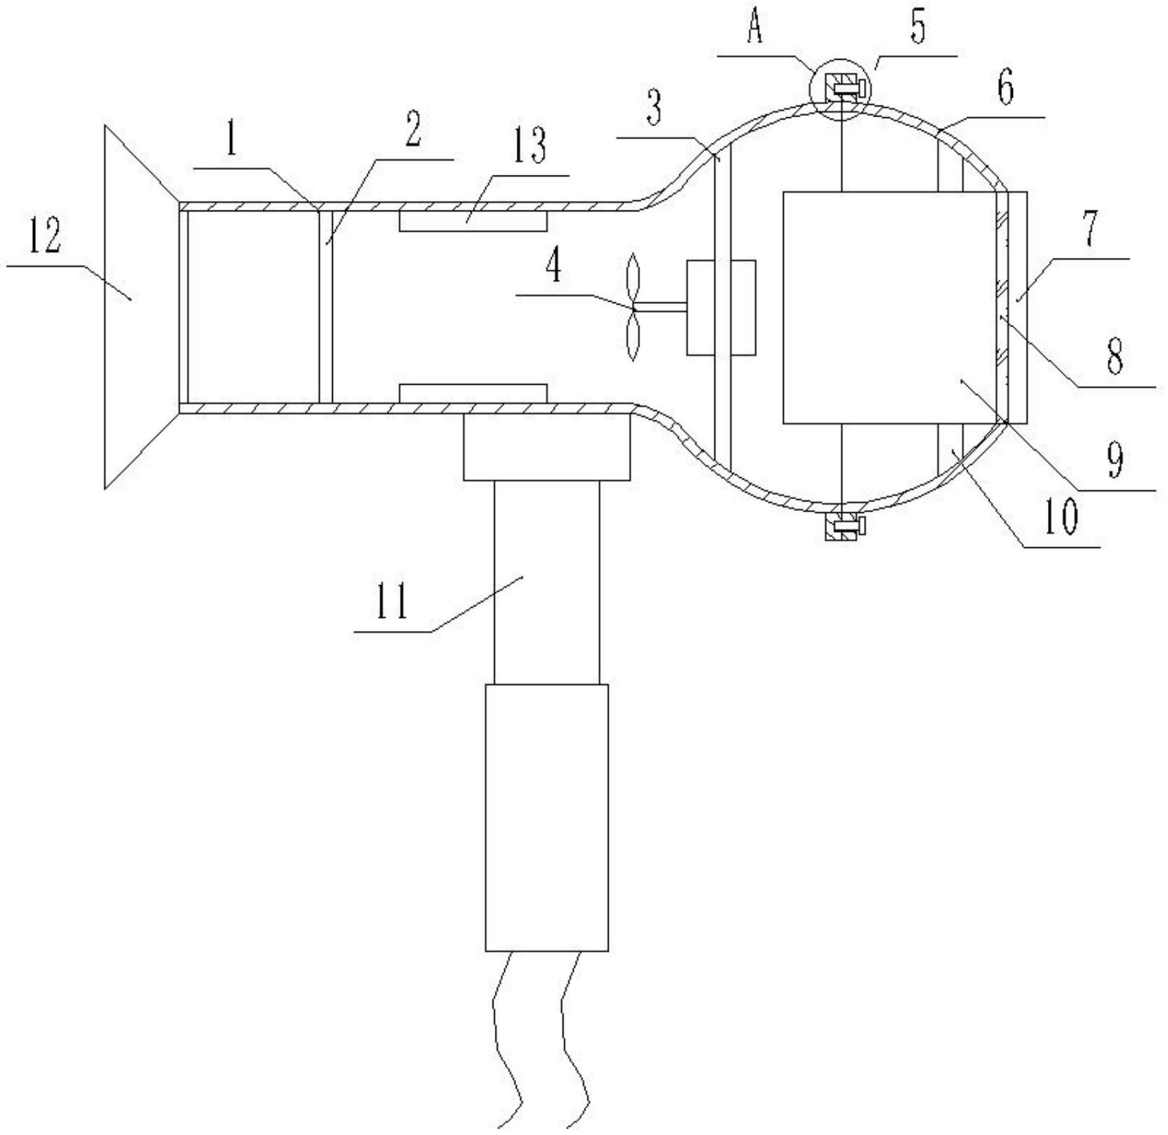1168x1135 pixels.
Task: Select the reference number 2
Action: (412, 128)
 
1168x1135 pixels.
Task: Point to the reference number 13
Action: (528, 147)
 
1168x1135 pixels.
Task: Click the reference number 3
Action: (654, 108)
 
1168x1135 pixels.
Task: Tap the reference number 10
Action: (1061, 518)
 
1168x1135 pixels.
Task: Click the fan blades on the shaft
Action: (633, 307)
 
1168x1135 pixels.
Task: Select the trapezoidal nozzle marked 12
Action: (142, 307)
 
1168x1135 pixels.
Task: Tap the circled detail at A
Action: (839, 89)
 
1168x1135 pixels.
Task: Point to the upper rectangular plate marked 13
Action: (473, 221)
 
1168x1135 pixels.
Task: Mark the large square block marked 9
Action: (890, 307)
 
